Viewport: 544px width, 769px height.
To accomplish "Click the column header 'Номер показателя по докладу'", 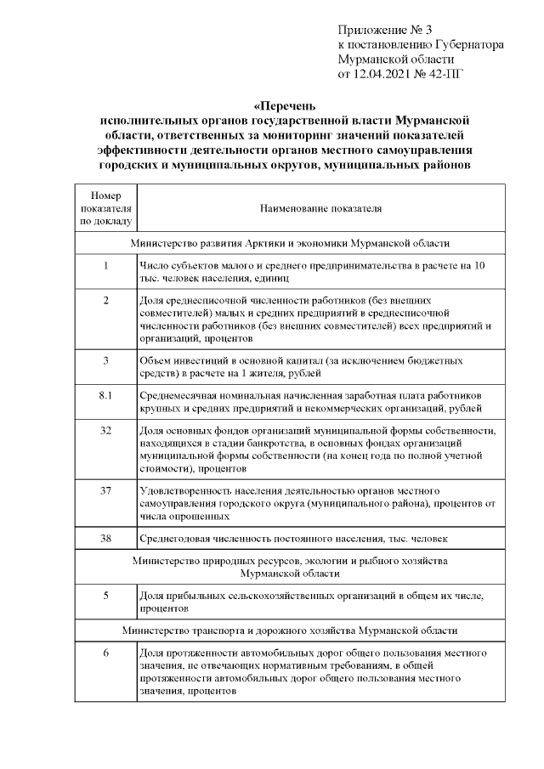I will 106,207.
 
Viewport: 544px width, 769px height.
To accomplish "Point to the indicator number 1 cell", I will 106,266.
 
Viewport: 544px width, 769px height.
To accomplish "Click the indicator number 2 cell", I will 106,301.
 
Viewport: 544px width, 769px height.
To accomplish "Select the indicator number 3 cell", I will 106,360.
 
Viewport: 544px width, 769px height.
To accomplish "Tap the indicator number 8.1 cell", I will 106,396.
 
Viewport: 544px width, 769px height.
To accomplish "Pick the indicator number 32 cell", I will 106,431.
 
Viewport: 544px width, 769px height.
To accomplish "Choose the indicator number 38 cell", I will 106,538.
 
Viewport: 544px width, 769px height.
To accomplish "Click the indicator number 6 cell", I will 106,653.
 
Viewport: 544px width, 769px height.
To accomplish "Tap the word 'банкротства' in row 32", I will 297,444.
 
